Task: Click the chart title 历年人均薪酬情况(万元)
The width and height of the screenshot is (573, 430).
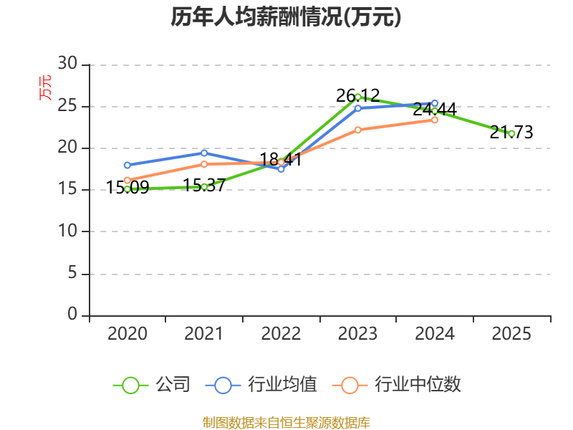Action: (x=286, y=16)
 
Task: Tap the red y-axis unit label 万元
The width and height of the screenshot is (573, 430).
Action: (x=45, y=87)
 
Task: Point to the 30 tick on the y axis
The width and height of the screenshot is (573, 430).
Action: (x=67, y=63)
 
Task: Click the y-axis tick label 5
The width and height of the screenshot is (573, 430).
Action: (x=72, y=273)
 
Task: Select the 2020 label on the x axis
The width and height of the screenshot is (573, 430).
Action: (x=127, y=333)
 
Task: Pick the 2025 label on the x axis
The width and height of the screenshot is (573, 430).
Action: (x=511, y=333)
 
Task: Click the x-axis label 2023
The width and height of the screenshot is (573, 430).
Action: (x=357, y=333)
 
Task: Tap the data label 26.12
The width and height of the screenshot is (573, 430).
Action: (x=357, y=96)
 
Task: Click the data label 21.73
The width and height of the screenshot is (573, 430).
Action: (x=511, y=132)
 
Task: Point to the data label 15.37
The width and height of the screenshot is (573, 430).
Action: (x=204, y=185)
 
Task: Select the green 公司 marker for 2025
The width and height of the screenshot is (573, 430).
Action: (x=511, y=134)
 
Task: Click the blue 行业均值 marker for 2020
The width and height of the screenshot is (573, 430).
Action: (x=127, y=166)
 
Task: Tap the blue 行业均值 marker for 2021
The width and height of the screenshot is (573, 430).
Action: (x=204, y=153)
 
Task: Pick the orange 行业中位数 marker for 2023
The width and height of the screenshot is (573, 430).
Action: (x=357, y=130)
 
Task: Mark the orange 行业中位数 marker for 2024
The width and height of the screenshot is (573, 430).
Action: (x=435, y=120)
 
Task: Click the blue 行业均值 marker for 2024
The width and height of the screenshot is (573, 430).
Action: (x=435, y=103)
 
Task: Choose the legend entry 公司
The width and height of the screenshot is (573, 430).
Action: (x=152, y=385)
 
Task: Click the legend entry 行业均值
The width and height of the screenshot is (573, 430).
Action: (x=261, y=385)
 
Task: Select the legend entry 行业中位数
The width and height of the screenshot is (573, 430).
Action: (x=397, y=385)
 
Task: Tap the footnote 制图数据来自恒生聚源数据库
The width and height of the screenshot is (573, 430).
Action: (x=286, y=422)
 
